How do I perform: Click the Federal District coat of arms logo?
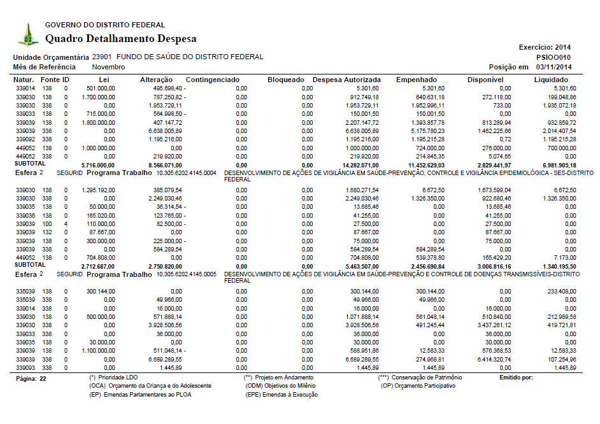coord(27,34)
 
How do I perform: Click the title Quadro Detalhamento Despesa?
coord(120,39)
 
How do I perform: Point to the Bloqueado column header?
coord(286,80)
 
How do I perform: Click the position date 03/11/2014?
coord(554,67)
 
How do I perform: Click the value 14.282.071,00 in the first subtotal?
coord(357,164)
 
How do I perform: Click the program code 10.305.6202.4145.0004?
coord(187,173)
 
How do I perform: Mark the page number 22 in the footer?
coord(43,378)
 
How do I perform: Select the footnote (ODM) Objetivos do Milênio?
coord(280,386)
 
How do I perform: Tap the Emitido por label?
coord(516,378)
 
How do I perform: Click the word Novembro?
coord(108,67)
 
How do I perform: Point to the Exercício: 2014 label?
coord(545,47)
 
